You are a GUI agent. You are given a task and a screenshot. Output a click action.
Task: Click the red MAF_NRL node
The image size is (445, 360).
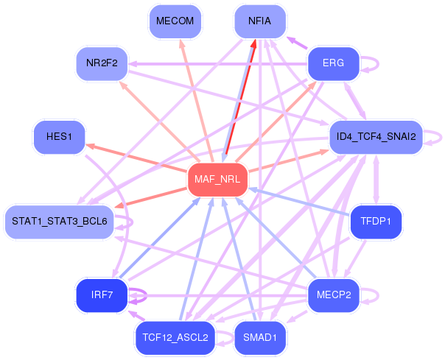coord(217,180)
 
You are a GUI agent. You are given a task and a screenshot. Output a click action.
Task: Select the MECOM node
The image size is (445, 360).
coord(175,21)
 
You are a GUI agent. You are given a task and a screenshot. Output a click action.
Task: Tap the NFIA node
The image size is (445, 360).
coord(260,21)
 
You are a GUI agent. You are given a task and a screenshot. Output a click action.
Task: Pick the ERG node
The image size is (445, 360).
coord(334,63)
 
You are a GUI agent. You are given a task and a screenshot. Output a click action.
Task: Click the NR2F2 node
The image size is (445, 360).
coord(102,63)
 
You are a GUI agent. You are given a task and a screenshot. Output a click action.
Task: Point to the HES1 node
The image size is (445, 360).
coord(60,137)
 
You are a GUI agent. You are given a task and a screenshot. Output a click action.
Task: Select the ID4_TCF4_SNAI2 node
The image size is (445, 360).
coord(376,137)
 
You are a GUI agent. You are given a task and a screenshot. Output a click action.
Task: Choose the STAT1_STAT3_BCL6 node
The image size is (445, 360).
coord(60,222)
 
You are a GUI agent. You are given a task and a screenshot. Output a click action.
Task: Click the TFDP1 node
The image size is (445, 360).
coord(376,222)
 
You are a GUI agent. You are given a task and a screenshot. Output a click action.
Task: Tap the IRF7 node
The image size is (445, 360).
coord(102,295)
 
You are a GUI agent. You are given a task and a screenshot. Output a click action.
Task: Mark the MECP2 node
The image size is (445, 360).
coord(334,295)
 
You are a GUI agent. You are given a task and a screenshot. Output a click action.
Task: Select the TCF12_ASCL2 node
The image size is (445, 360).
coord(175,338)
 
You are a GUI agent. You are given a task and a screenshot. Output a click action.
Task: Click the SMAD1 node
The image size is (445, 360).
coord(260,338)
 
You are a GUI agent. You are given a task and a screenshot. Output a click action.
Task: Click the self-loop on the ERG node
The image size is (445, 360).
coord(378,64)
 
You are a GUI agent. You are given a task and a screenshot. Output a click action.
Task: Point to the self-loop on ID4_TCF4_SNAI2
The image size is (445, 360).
coord(441,138)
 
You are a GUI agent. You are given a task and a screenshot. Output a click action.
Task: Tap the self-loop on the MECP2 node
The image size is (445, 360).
coord(378,296)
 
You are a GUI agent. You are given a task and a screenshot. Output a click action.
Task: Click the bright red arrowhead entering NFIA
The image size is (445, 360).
coord(253,44)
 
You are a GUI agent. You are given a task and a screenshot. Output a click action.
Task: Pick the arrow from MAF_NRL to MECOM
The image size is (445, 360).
coord(197,101)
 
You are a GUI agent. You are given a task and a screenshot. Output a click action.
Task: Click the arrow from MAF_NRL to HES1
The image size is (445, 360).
coord(136,158)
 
